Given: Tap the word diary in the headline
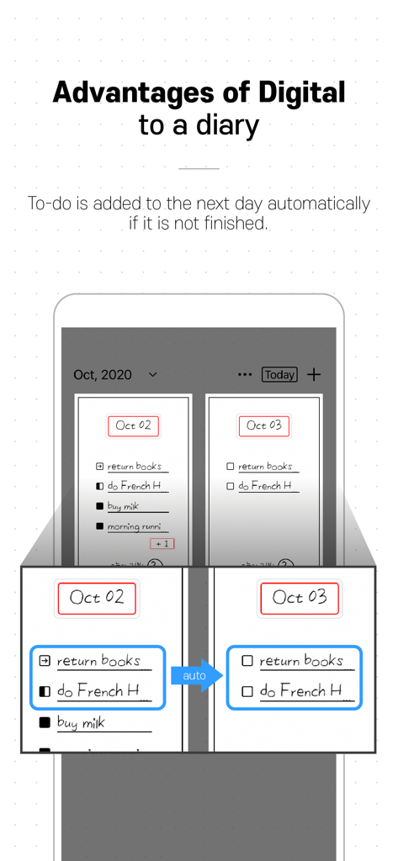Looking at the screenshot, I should tap(223, 125).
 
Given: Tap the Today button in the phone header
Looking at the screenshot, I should tap(279, 375).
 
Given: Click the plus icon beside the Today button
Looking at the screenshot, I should tap(313, 374).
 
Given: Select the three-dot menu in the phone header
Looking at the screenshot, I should tap(245, 375).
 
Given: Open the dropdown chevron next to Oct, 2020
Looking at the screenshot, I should tap(152, 375).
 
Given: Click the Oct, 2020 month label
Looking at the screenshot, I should tap(103, 375).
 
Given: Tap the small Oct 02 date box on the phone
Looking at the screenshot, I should tap(133, 425).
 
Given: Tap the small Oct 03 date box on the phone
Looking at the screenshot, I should tap(263, 425).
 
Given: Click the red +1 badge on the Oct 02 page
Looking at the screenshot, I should tap(162, 544).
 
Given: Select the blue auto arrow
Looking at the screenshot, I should tap(197, 675).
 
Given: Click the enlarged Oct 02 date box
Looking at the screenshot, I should tap(97, 598).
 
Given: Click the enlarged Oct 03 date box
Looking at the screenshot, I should tap(300, 598).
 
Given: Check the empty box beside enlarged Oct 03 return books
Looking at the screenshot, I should tap(247, 661).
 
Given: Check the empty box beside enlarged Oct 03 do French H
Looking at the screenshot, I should tap(247, 692).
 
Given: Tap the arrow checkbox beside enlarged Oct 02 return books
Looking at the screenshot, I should tap(45, 661).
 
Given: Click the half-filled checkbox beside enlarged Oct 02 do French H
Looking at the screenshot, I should tap(45, 692).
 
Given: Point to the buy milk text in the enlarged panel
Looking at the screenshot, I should tap(81, 722).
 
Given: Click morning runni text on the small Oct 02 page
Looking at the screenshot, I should tap(134, 526).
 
